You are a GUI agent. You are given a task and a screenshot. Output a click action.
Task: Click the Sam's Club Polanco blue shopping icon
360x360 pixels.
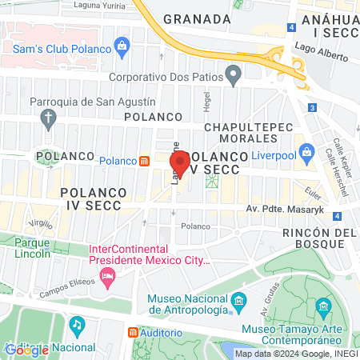122,45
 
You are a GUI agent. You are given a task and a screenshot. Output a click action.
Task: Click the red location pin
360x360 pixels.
180,163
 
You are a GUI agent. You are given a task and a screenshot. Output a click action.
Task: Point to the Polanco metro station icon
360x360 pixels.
144,160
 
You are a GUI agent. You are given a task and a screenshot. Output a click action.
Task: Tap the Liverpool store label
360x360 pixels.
274,155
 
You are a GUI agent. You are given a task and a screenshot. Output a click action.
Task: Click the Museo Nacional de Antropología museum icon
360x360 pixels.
238,301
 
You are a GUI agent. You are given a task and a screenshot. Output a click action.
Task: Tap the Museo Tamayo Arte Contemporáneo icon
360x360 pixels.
322,306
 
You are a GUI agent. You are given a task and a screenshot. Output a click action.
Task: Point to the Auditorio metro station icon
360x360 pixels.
133,332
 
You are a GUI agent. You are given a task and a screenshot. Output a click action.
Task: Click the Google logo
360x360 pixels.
26,349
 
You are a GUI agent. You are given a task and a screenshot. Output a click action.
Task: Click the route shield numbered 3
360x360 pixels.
311,107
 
